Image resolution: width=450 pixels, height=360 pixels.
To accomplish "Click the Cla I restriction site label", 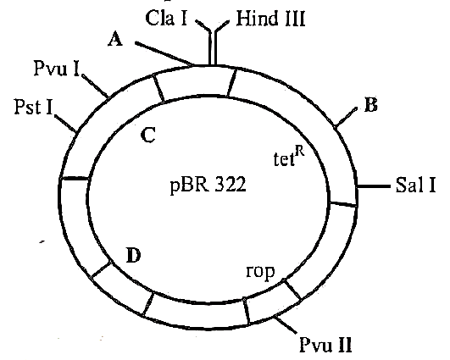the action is pyautogui.click(x=166, y=18).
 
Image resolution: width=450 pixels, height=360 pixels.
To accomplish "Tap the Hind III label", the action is pyautogui.click(x=270, y=19).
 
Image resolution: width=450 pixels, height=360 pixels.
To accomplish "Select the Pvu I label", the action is pyautogui.click(x=57, y=69).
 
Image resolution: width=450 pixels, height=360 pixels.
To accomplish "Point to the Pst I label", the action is pyautogui.click(x=34, y=107).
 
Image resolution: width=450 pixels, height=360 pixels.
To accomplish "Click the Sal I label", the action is pyautogui.click(x=415, y=185).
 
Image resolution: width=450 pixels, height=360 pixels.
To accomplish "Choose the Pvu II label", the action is pyautogui.click(x=325, y=344).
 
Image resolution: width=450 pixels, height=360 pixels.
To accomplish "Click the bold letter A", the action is pyautogui.click(x=115, y=39).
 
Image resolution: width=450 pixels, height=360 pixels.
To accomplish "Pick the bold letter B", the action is pyautogui.click(x=371, y=105).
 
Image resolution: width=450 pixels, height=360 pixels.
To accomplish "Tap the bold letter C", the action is pyautogui.click(x=148, y=135).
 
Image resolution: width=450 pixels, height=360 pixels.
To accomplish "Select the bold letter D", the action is pyautogui.click(x=133, y=255).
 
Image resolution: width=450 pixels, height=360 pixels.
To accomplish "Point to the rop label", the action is pyautogui.click(x=260, y=271).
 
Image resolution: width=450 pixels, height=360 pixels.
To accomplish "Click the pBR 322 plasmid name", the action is pyautogui.click(x=208, y=185).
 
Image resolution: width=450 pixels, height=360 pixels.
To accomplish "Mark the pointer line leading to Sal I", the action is pyautogui.click(x=374, y=186).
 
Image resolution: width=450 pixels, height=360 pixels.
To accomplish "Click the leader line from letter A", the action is pyautogui.click(x=164, y=54).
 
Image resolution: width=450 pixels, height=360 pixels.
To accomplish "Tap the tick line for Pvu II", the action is pyautogui.click(x=286, y=324).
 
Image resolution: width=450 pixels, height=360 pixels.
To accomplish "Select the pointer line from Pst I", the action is pyautogui.click(x=65, y=124).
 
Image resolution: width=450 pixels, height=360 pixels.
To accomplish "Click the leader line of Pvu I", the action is pyautogui.click(x=95, y=86).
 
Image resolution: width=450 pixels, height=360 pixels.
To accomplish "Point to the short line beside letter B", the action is pyautogui.click(x=346, y=117).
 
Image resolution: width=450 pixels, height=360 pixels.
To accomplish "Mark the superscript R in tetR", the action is pyautogui.click(x=300, y=152).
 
